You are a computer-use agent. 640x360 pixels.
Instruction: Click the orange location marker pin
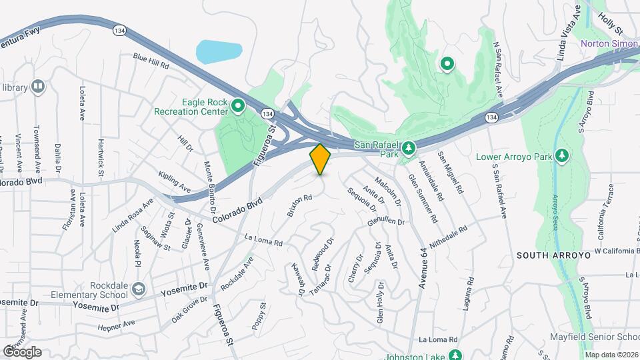point(321,159)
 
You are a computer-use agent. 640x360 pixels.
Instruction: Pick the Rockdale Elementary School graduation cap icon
point(138,289)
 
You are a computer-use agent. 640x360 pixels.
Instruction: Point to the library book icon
point(38,87)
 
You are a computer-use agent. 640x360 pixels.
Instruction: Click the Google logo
point(21,352)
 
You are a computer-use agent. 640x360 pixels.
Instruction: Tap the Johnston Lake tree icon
point(455,355)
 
